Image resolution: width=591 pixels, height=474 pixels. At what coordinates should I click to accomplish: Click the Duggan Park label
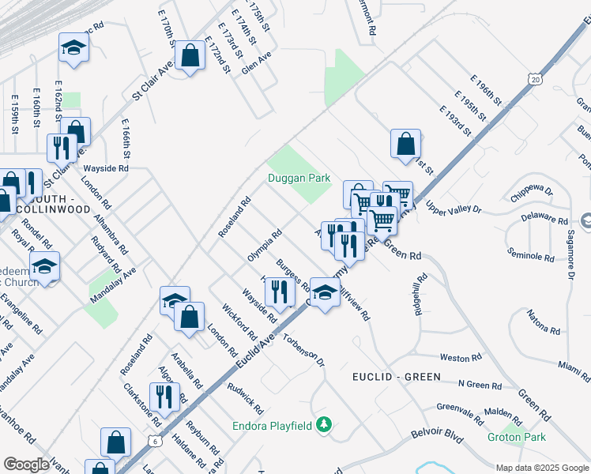[x=299, y=179]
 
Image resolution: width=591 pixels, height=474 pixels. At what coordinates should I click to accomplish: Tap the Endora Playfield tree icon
[x=322, y=425]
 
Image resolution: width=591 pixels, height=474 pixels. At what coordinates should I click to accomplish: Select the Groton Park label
[x=516, y=437]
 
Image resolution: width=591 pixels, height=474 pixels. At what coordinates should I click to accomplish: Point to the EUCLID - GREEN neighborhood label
[x=396, y=377]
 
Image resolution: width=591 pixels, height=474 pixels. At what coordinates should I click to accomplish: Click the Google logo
[x=27, y=464]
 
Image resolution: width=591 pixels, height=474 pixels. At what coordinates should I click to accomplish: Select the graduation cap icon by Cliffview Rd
[x=325, y=292]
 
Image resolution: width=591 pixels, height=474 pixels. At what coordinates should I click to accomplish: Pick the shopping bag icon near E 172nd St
[x=190, y=55]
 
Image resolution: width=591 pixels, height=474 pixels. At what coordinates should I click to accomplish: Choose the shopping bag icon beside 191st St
[x=405, y=144]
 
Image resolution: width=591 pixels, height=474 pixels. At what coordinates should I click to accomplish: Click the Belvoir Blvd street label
[x=436, y=434]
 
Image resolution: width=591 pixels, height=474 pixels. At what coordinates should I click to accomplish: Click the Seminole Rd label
[x=531, y=257]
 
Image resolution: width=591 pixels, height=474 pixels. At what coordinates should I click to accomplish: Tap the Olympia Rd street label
[x=265, y=246]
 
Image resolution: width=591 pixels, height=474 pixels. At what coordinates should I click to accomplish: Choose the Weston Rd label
[x=455, y=358]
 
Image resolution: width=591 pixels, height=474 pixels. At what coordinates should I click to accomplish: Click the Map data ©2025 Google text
[x=542, y=468]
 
